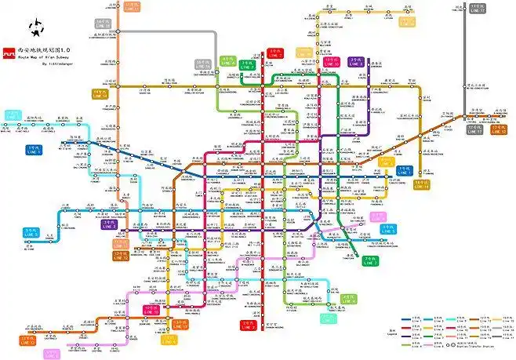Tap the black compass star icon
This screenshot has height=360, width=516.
point(35,30)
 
